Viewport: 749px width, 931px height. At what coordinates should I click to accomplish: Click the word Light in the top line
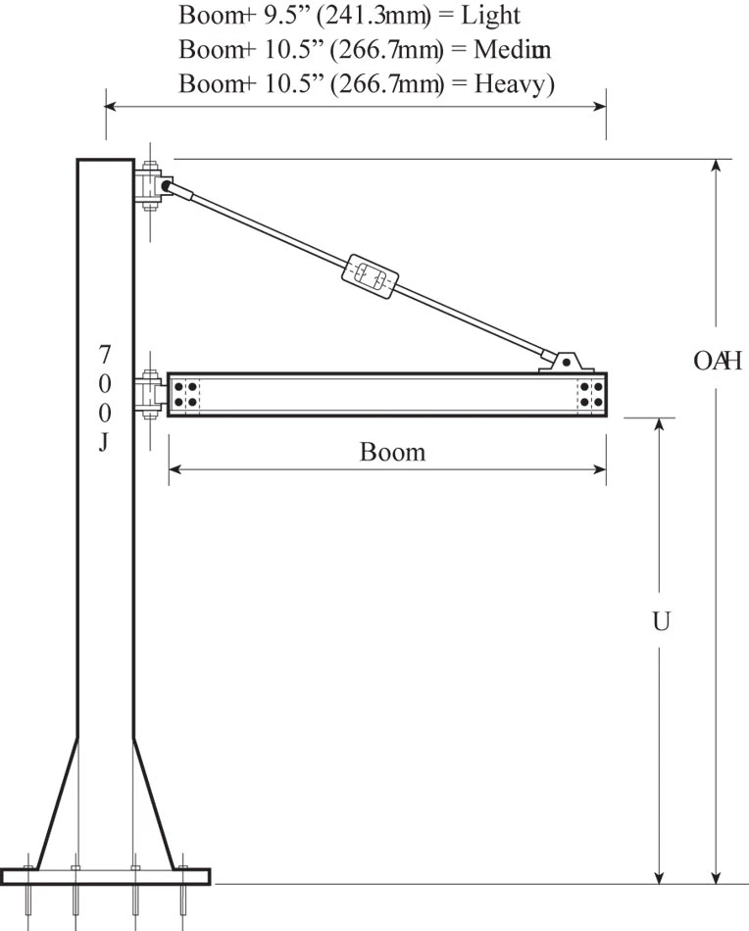[487, 16]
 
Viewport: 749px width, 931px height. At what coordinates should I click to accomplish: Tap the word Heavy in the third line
[514, 83]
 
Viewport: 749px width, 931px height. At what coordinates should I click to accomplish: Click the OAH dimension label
[717, 361]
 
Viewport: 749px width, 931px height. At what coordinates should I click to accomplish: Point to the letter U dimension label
[661, 621]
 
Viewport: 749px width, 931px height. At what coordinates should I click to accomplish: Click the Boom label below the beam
[392, 452]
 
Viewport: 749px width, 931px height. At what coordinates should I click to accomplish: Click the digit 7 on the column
[105, 353]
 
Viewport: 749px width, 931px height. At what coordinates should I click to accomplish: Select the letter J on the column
[104, 441]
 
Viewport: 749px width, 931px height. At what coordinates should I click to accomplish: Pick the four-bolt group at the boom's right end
[590, 395]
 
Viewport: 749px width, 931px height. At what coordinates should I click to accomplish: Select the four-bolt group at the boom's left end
[184, 395]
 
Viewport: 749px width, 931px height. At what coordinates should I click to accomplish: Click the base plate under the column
[106, 875]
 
